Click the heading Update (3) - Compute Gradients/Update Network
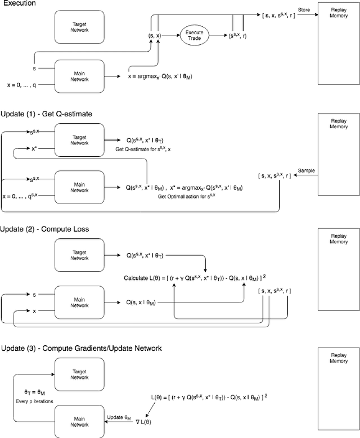(81, 349)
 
